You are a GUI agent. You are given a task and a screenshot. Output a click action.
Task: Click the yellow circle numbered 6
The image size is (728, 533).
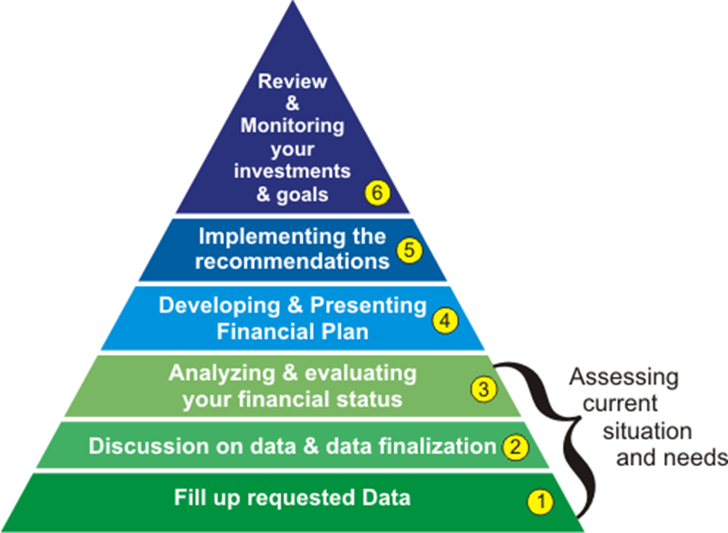378,192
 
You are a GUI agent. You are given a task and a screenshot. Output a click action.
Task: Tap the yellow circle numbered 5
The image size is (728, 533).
409,251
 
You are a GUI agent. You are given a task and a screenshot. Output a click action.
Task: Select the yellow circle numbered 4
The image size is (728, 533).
446,321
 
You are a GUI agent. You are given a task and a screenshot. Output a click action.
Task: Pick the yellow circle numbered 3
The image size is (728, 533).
484,388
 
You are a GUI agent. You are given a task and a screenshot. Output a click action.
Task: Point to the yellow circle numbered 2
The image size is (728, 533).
514,447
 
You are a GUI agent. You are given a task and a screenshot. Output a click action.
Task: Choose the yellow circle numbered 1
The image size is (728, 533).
540,502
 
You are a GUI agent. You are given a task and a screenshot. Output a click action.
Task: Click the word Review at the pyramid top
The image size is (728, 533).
292,81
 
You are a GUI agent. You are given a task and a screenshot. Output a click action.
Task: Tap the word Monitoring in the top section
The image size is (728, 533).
292,125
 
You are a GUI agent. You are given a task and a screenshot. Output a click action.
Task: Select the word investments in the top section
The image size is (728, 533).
292,171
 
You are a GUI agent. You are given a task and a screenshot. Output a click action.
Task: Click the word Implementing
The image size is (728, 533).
273,237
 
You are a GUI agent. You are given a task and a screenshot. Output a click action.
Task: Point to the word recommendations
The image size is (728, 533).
292,261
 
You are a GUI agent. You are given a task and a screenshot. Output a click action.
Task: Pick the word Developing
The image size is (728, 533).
220,306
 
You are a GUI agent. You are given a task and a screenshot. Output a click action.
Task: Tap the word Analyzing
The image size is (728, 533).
222,374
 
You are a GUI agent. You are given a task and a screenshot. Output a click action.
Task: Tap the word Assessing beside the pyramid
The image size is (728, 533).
624,377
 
